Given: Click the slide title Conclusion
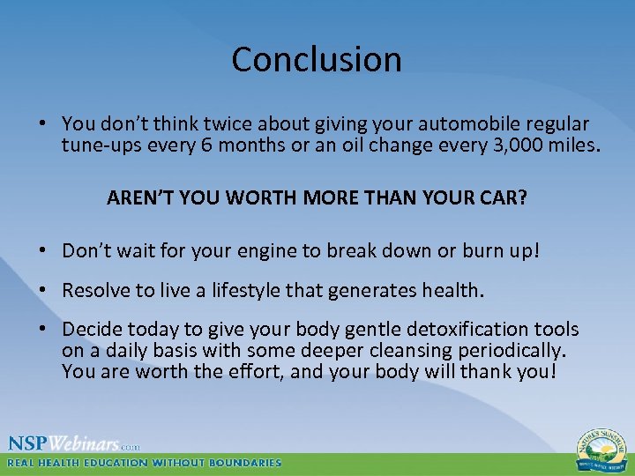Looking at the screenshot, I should [317, 60].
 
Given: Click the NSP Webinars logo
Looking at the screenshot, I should [75, 443].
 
